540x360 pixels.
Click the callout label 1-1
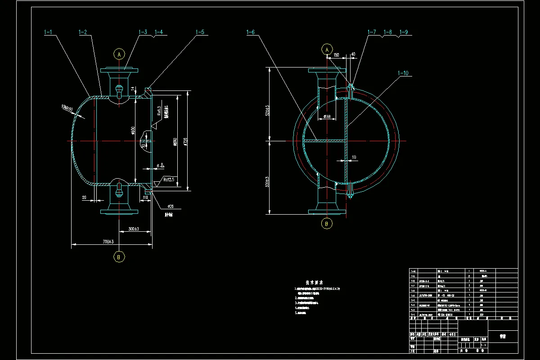click(48, 32)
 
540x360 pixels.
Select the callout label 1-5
click(200, 32)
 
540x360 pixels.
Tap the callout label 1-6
click(251, 32)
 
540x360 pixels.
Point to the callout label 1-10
click(404, 73)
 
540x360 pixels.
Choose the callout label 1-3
click(143, 32)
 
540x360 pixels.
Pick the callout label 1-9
click(403, 32)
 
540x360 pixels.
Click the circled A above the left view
click(119, 54)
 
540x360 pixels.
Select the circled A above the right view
click(327, 49)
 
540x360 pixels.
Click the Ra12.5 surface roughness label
click(169, 180)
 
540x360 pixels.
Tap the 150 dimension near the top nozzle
click(336, 55)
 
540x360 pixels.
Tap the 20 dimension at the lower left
click(85, 197)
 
